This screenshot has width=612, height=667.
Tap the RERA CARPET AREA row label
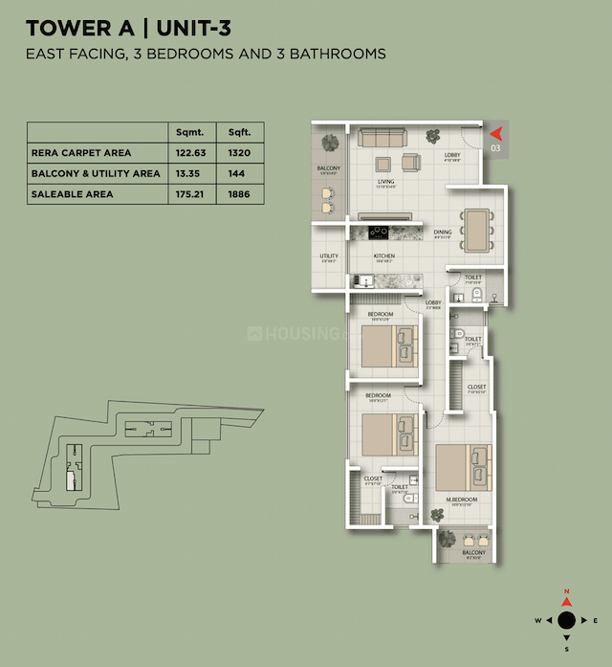tap(81, 152)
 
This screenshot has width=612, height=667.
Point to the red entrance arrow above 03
tap(495, 133)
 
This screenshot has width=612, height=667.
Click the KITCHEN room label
tap(384, 256)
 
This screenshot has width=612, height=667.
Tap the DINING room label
tap(443, 232)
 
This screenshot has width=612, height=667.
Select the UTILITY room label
tap(328, 256)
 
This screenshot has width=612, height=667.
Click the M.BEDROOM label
tap(461, 500)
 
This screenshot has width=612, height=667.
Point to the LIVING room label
tap(385, 181)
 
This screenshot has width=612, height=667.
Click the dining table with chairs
tap(475, 229)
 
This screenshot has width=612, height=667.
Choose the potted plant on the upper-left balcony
tap(330, 143)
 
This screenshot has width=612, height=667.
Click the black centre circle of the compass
tap(566, 620)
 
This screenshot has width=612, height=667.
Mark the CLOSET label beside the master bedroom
tap(476, 388)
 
